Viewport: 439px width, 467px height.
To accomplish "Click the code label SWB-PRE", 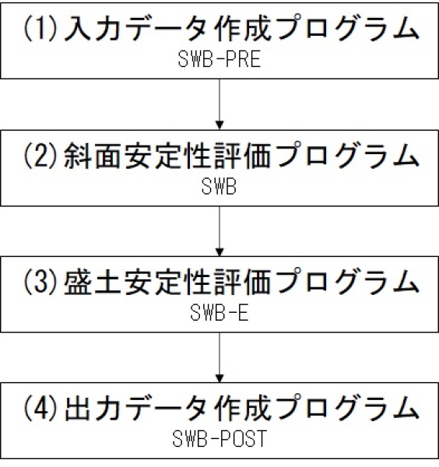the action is tap(219, 59).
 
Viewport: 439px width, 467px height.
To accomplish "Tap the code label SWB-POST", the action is tap(219, 438).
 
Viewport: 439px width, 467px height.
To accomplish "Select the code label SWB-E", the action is tap(219, 312).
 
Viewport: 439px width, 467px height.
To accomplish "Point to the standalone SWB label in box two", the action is tap(219, 186).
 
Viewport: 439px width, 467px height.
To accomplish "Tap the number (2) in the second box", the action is tap(40, 155).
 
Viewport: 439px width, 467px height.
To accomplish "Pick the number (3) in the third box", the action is tap(40, 281).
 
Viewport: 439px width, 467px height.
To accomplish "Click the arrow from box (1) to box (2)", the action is tap(219, 104).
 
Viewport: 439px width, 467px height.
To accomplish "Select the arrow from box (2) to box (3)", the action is tap(219, 231).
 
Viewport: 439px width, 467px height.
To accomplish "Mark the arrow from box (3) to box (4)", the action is tap(219, 357).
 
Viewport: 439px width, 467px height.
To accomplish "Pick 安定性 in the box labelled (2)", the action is tap(169, 156).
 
